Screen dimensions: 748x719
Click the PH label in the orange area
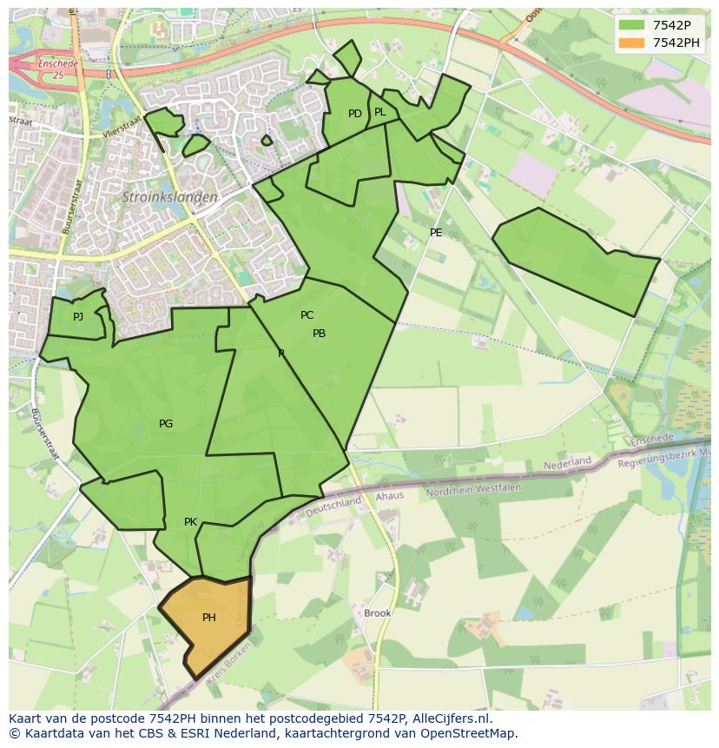(208, 618)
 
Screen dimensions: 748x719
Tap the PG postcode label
(166, 424)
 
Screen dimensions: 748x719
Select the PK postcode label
(190, 522)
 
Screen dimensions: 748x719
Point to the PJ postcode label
(78, 316)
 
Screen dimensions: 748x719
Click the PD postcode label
(354, 114)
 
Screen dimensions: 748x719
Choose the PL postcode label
(379, 112)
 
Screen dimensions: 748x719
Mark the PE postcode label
(436, 232)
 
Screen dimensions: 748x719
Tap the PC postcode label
(307, 315)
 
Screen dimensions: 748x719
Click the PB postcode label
(319, 334)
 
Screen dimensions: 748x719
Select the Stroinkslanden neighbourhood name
(169, 197)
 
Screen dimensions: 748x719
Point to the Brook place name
(378, 612)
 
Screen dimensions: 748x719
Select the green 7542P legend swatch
(632, 25)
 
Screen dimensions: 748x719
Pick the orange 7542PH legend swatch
(632, 43)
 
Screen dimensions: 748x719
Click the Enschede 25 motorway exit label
(58, 70)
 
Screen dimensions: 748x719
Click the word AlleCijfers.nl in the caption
(451, 718)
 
